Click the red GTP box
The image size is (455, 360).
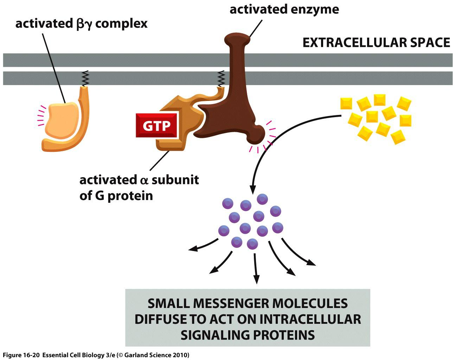click(156, 126)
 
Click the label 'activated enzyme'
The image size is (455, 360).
click(284, 9)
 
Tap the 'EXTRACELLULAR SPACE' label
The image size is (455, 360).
click(376, 43)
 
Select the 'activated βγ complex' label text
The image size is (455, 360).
click(81, 24)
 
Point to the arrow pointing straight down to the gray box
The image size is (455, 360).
click(255, 269)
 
